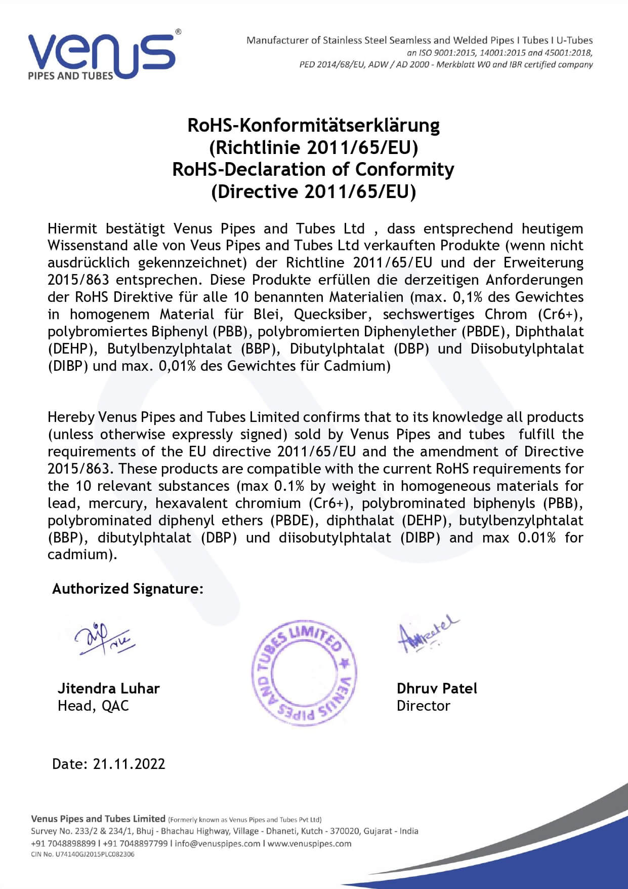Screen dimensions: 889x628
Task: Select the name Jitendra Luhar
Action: pos(108,688)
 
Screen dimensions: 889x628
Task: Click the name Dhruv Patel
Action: pos(437,688)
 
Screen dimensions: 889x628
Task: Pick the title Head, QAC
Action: pos(93,706)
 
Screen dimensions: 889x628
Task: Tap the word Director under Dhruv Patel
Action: pos(423,706)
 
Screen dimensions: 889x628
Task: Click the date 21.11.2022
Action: pos(129,764)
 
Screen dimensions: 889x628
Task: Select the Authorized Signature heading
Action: pos(128,589)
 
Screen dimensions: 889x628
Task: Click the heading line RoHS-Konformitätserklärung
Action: pos(313,125)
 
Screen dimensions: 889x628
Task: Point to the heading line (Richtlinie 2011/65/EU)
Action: pos(313,147)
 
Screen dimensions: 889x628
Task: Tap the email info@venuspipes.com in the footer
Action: pos(218,843)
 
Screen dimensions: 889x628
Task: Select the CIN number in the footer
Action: pos(82,854)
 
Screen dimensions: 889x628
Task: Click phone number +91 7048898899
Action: pos(63,843)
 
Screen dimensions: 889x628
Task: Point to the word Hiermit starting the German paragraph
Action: pos(72,229)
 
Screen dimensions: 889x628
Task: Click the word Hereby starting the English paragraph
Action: pos(71,417)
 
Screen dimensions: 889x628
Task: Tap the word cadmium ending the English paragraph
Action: pos(78,554)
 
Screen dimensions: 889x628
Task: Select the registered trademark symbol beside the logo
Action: pos(178,32)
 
